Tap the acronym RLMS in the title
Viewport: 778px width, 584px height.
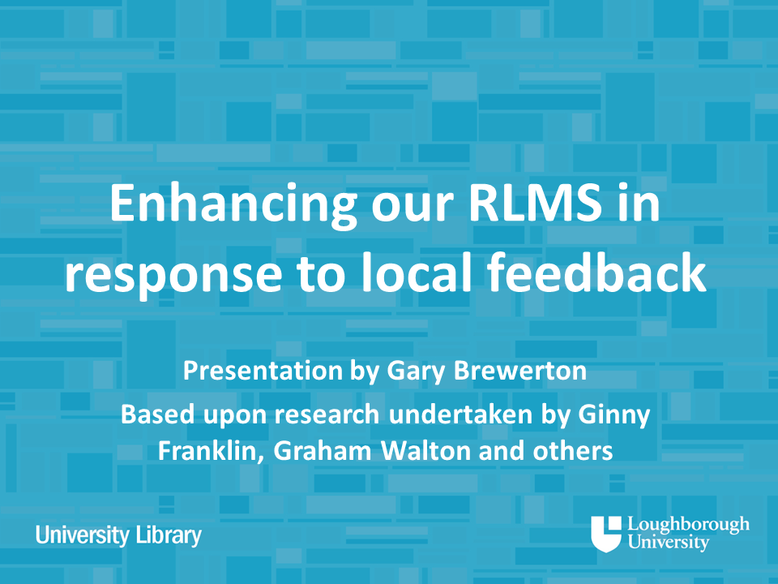(x=535, y=203)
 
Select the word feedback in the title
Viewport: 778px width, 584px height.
(x=596, y=273)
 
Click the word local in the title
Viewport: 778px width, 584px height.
(x=416, y=273)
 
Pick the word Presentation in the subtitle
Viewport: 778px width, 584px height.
(x=263, y=371)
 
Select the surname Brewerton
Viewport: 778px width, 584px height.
(x=520, y=371)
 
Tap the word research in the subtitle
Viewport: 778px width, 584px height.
(x=327, y=414)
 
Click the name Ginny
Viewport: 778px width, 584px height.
(x=613, y=415)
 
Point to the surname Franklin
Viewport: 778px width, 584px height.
(x=211, y=451)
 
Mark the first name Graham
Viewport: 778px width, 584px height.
(x=323, y=451)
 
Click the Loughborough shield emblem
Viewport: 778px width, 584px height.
(x=606, y=534)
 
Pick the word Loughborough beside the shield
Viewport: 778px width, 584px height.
(x=689, y=526)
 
